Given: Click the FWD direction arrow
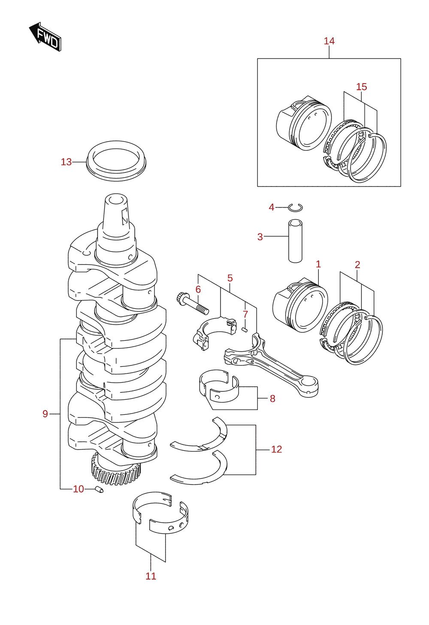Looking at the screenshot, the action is click(45, 37).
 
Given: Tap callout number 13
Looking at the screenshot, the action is click(66, 162).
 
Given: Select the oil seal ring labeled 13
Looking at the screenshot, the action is click(116, 161).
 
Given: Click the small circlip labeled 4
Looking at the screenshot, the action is click(295, 207).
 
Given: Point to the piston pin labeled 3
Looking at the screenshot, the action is click(295, 241).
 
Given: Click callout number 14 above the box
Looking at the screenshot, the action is click(329, 41).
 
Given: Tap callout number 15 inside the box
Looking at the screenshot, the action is click(362, 87).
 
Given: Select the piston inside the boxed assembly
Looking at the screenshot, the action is click(304, 123).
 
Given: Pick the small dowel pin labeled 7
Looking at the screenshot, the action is click(245, 329).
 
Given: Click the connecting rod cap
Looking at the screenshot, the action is click(214, 333).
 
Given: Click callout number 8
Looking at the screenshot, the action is click(272, 399).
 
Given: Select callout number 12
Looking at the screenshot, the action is click(277, 449).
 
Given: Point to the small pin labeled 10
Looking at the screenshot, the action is click(100, 489).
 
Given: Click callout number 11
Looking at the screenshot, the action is click(151, 576).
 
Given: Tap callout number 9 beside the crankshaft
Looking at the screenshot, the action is click(45, 414).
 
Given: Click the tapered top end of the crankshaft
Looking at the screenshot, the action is click(116, 212).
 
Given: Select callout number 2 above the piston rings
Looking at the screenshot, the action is click(357, 265).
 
